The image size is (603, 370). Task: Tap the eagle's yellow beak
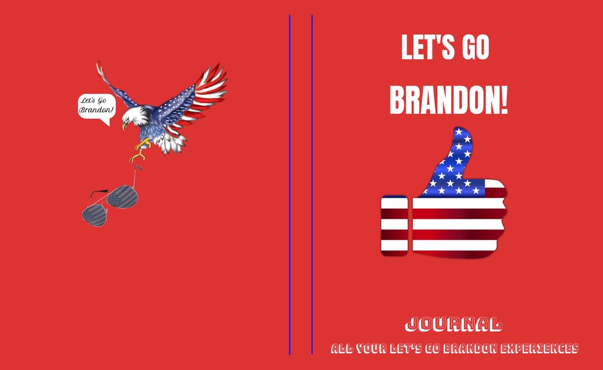coord(124,126)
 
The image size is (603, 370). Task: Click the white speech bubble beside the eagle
coord(95,107)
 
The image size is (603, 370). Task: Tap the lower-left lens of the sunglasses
coord(95,214)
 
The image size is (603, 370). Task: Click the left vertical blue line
coord(290,181)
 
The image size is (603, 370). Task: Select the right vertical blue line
coord(312,181)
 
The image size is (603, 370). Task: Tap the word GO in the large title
coord(476,48)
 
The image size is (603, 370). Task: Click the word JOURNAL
coord(453,325)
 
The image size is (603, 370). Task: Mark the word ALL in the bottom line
coord(343,348)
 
